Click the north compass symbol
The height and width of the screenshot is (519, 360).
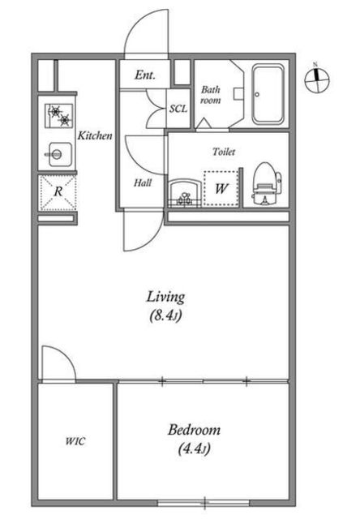pos(317,79)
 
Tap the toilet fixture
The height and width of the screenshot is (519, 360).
pos(267,184)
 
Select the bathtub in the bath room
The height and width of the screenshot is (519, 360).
pos(268,94)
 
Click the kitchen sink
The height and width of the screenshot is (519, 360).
pos(59,154)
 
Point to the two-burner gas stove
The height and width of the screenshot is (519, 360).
pos(59,116)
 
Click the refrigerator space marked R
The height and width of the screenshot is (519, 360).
pos(58,193)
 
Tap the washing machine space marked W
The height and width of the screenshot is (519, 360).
pos(221,189)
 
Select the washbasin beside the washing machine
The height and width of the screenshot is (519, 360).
pos(185,194)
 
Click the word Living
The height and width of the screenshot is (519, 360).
pos(165,297)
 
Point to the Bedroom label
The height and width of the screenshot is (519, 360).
pos(195,430)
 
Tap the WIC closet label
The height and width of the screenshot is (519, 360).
pos(75,441)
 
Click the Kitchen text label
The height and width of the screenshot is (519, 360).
pos(95,135)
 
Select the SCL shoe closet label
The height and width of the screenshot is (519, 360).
pos(178,109)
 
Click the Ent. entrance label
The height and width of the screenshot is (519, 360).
pos(144,75)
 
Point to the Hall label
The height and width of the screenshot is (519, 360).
pos(143,182)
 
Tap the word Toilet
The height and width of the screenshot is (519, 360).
pos(224,152)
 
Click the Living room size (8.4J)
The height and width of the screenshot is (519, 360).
pos(165,315)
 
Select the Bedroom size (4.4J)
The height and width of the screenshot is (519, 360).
pos(195,448)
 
